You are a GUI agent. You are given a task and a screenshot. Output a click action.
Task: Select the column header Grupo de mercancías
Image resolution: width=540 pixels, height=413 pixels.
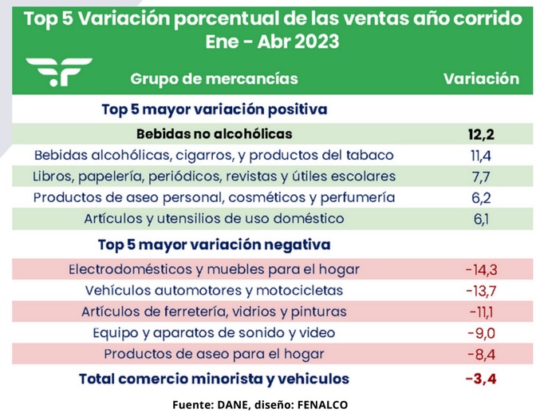[x=214, y=78]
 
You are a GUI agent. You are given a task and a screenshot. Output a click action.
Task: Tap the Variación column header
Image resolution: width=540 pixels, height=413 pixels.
[x=481, y=78]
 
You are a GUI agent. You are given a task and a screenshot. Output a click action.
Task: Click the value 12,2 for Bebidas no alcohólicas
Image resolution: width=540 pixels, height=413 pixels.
[x=481, y=133]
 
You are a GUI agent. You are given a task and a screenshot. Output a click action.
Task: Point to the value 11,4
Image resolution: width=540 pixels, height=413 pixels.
[x=481, y=155]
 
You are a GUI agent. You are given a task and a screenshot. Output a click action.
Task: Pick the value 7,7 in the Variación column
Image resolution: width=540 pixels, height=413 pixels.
[x=481, y=176]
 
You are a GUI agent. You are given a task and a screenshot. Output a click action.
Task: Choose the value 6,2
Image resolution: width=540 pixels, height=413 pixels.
[x=481, y=197]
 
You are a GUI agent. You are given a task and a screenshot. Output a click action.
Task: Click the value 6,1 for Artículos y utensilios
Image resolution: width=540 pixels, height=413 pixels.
[x=481, y=218]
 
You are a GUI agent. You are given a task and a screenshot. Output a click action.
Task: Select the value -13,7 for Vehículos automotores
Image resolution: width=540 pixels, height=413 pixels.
[x=481, y=290]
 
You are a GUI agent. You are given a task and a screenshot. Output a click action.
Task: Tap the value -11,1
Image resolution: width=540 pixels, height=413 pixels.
[x=481, y=312]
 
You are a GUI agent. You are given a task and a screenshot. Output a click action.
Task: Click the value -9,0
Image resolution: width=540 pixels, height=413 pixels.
[x=481, y=332]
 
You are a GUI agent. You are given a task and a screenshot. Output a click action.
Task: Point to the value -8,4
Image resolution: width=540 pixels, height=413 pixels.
[x=481, y=354]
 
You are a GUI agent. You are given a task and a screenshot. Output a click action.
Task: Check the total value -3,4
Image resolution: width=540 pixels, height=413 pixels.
[x=481, y=379]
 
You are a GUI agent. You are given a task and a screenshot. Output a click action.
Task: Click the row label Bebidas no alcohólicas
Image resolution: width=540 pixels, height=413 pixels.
[x=215, y=133]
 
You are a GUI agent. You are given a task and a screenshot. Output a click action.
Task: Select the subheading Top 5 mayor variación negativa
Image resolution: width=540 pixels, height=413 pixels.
[x=214, y=244]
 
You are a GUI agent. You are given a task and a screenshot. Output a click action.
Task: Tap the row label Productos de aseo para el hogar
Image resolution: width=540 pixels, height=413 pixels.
[x=215, y=354]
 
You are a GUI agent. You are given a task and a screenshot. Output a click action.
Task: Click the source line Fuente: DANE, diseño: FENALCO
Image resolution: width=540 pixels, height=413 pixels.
[x=260, y=404]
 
